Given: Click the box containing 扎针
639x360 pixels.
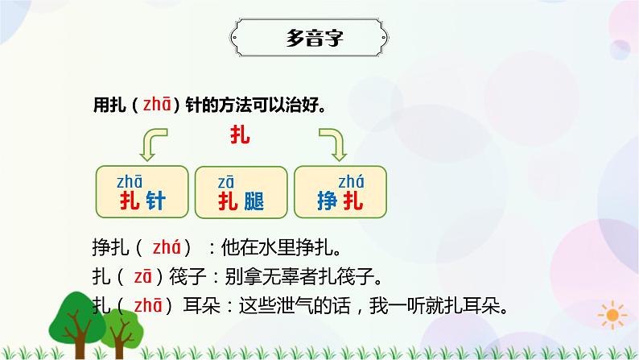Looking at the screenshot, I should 142,191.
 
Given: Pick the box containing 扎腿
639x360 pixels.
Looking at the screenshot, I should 241,191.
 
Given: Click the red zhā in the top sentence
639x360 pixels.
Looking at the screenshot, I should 155,106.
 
